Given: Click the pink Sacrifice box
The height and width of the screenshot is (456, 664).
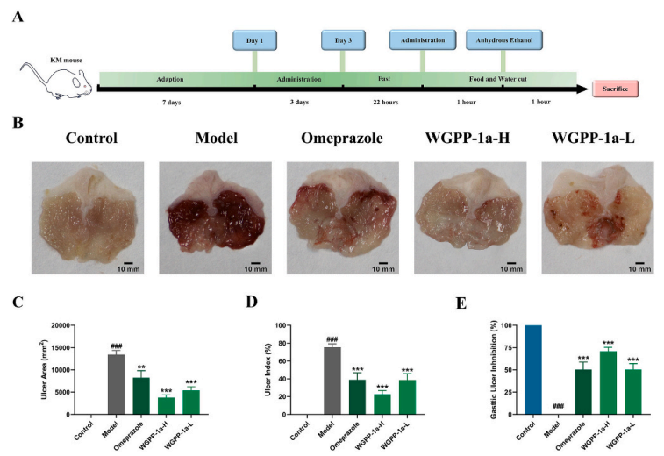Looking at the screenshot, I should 615,88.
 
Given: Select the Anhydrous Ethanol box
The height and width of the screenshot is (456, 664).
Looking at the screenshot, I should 504,40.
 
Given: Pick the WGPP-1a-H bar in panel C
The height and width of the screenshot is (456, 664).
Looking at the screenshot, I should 166,405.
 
